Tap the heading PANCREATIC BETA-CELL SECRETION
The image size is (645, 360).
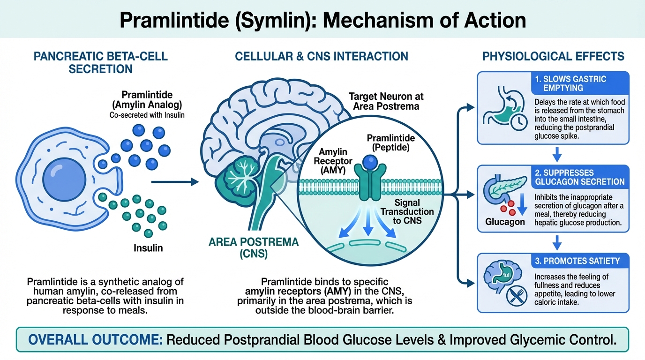point(100,63)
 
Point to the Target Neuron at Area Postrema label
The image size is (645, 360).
point(386,101)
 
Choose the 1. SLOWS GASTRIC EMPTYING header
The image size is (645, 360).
point(570,83)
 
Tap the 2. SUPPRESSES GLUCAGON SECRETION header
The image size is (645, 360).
point(579,177)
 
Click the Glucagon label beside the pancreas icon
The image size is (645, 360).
point(505,222)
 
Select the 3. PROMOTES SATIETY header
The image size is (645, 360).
point(577,261)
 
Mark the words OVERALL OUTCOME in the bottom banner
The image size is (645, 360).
point(92,339)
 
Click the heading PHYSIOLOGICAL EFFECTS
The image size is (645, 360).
point(553,57)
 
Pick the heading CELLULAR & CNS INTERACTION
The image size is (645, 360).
point(322,57)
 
